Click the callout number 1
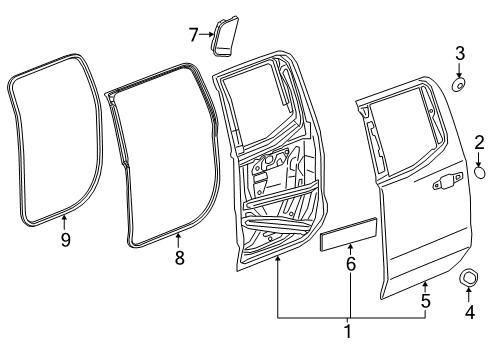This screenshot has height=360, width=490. (x=349, y=332)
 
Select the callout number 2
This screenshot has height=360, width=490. (x=479, y=145)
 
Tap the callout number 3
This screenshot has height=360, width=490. (x=460, y=53)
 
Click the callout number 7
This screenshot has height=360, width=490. (x=193, y=35)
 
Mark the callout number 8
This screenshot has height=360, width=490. (x=179, y=257)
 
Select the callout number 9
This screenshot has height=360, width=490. (x=64, y=241)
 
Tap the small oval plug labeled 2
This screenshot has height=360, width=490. (x=479, y=173)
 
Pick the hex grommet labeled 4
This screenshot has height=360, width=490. (x=469, y=277)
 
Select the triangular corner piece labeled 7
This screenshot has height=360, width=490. (x=223, y=32)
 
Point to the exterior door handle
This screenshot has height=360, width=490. (x=438, y=183)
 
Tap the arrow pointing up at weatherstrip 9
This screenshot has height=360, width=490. (x=64, y=221)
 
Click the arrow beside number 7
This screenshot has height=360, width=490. (x=205, y=35)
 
